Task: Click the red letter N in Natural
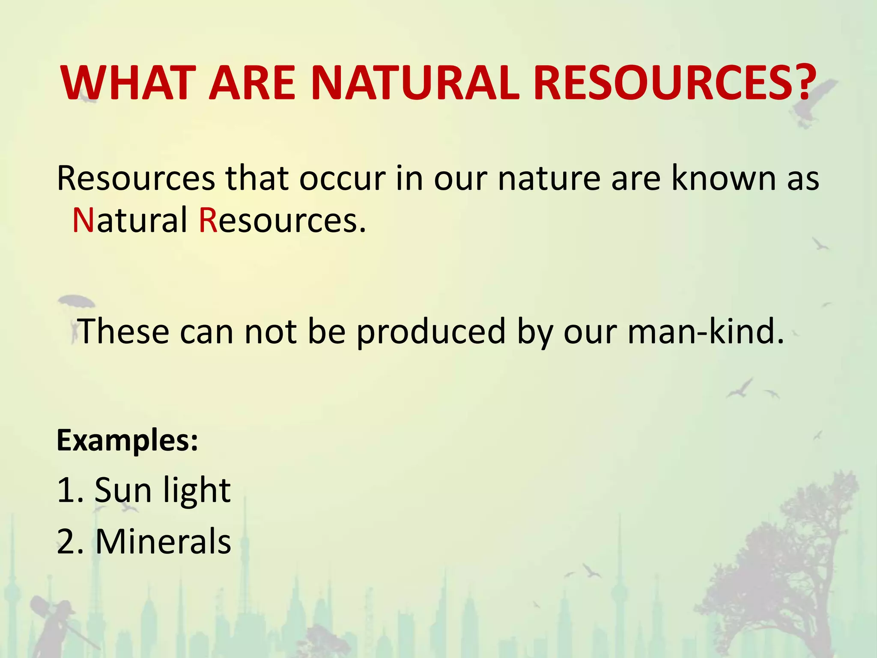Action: (x=83, y=220)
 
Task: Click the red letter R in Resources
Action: (x=208, y=220)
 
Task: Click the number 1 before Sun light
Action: (x=65, y=490)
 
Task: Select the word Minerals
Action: (x=163, y=541)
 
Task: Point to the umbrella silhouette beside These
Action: (x=76, y=302)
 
